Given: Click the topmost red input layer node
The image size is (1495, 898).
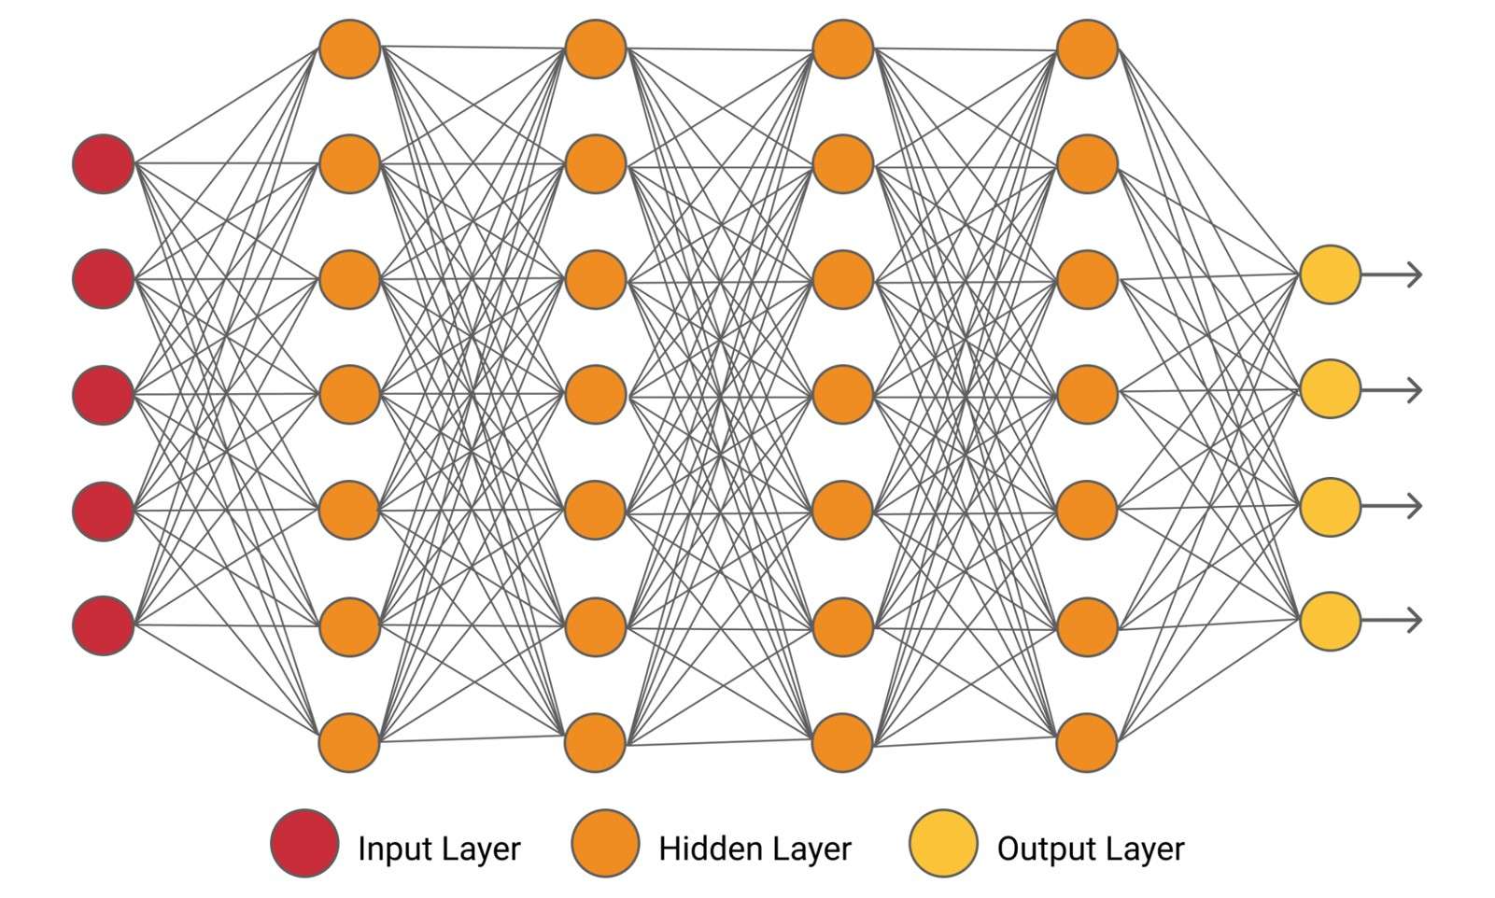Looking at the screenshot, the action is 104,164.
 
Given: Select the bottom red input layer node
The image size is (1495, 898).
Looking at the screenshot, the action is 104,625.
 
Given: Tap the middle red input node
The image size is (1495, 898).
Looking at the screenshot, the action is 104,395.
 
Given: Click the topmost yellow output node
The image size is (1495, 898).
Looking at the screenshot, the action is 1330,274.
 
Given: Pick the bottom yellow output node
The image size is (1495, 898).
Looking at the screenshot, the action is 1330,621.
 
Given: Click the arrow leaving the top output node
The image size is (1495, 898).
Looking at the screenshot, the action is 1392,274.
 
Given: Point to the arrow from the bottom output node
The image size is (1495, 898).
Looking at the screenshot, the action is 1392,621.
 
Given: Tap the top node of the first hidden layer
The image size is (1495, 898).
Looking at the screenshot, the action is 350,49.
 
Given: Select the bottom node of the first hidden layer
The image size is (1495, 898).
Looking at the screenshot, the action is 350,742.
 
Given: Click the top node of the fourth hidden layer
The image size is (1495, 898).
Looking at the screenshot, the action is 1087,49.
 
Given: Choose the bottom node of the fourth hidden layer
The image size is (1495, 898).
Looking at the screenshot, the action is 1087,742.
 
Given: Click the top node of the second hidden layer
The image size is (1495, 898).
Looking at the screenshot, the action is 596,49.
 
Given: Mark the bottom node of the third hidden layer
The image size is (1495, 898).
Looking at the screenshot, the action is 842,742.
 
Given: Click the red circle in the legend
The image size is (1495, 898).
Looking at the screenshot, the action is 304,843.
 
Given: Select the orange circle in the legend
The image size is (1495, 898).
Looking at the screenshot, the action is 605,843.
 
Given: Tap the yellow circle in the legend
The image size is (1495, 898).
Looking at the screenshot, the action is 943,843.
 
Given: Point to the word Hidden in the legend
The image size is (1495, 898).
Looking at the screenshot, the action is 700,849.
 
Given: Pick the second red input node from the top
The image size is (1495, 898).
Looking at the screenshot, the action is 104,279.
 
